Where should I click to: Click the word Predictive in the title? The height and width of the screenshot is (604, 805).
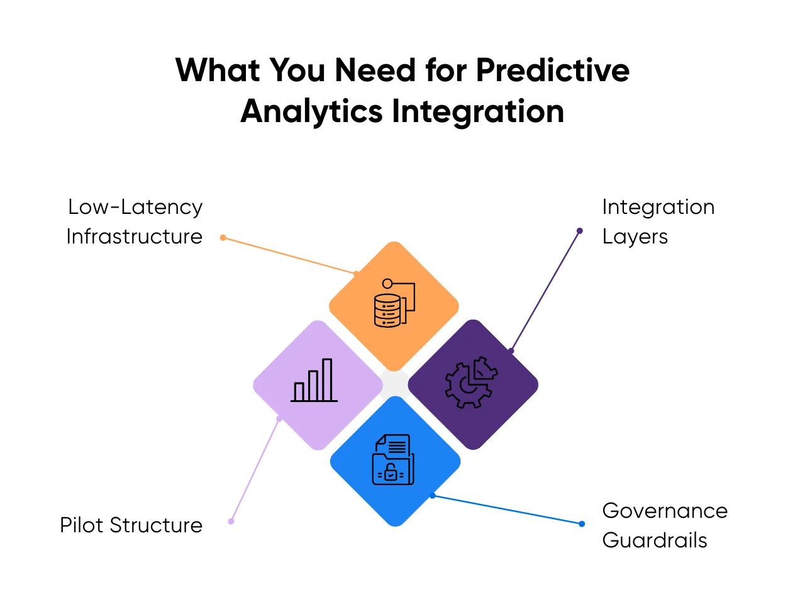[x=552, y=70]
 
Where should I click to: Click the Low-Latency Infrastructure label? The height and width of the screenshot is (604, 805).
[x=135, y=221]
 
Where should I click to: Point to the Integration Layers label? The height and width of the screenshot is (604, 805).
[x=658, y=222]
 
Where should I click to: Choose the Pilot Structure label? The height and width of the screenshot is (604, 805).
[x=131, y=525]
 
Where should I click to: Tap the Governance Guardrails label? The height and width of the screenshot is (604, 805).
[x=665, y=525]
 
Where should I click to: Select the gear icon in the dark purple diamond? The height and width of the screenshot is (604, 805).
[x=471, y=382]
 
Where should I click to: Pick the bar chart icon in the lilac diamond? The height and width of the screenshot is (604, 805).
[x=314, y=380]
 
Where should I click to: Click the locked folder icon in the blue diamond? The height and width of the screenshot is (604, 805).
[x=393, y=459]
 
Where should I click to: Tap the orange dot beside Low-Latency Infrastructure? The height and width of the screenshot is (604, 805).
[x=223, y=238]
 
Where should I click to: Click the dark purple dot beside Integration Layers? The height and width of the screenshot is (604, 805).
[x=579, y=231]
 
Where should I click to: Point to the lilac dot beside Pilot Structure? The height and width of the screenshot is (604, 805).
[x=231, y=521]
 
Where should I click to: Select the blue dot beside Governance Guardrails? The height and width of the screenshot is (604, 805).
[x=582, y=523]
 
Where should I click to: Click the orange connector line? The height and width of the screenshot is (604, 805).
[x=289, y=255]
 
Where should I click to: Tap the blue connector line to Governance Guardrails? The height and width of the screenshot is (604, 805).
[x=507, y=510]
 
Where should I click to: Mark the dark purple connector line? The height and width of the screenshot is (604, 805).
[x=545, y=291]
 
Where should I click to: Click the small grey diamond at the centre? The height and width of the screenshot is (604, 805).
[x=395, y=384]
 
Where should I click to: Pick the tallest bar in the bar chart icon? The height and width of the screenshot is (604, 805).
[x=327, y=379]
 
